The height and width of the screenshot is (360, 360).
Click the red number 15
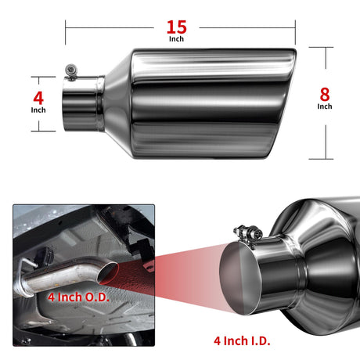177,27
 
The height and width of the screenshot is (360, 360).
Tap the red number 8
325,95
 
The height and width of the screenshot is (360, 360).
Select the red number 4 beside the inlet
38,99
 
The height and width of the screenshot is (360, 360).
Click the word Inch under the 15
176,39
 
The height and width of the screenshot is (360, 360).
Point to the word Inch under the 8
325,106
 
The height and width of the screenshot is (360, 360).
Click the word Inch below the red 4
38,110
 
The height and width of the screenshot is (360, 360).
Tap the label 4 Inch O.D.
78,297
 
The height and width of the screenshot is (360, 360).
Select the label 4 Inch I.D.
242,340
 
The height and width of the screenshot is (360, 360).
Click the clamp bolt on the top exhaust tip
71,70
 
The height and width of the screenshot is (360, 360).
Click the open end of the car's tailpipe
107,272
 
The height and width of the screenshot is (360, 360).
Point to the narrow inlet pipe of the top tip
84,103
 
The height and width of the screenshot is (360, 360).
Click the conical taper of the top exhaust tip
118,103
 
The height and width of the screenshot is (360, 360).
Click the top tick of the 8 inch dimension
321,47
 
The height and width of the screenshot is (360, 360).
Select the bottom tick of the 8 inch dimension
321,159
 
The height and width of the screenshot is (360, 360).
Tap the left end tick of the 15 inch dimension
66,32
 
